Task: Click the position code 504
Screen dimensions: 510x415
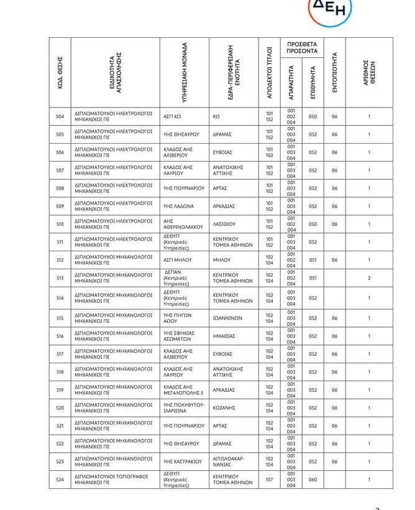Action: [x=60, y=117]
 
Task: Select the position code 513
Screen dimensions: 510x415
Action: [x=60, y=278]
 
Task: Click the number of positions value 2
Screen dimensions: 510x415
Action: [x=369, y=278]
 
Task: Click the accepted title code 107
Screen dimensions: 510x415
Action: [x=269, y=480]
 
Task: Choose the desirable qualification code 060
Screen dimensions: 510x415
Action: [x=312, y=480]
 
